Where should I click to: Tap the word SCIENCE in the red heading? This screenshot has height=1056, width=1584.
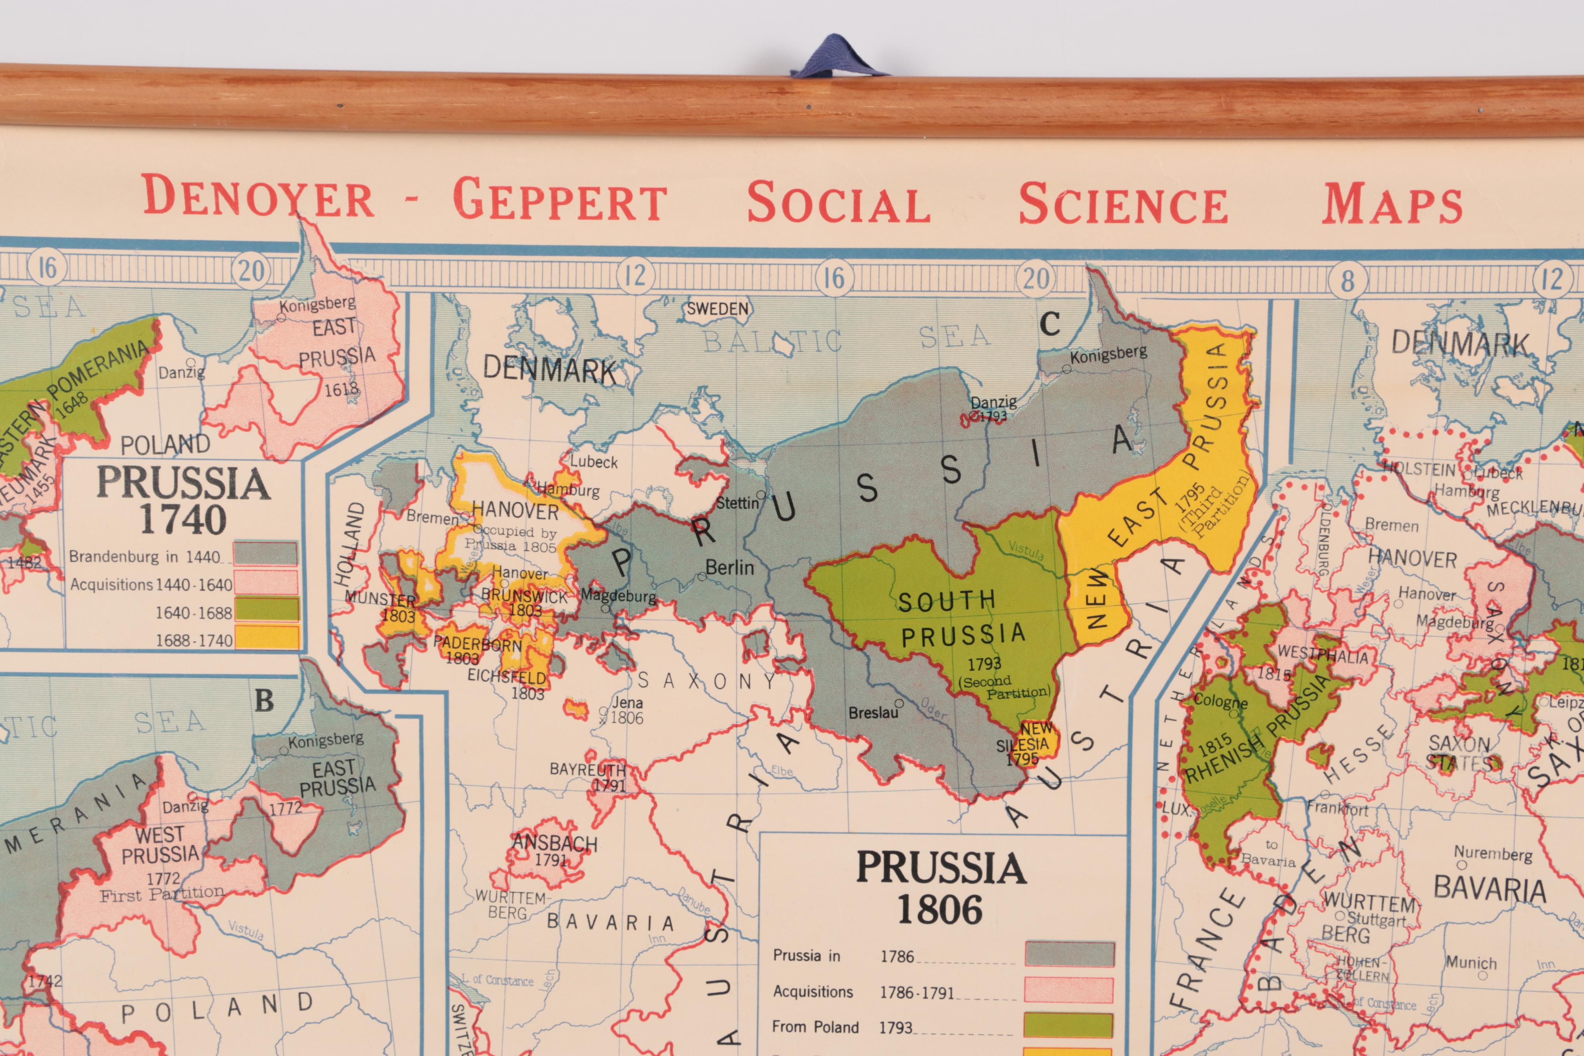tap(1123, 204)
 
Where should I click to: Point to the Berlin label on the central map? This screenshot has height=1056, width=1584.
tap(729, 568)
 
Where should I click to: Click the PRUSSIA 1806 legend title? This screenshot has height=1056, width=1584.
tap(941, 887)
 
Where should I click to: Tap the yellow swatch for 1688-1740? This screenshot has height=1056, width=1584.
tap(266, 637)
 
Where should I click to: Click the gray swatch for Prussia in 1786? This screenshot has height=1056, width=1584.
tap(1070, 954)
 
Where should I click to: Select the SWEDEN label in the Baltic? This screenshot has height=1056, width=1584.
tap(717, 309)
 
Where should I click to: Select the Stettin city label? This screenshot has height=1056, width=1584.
tap(738, 503)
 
